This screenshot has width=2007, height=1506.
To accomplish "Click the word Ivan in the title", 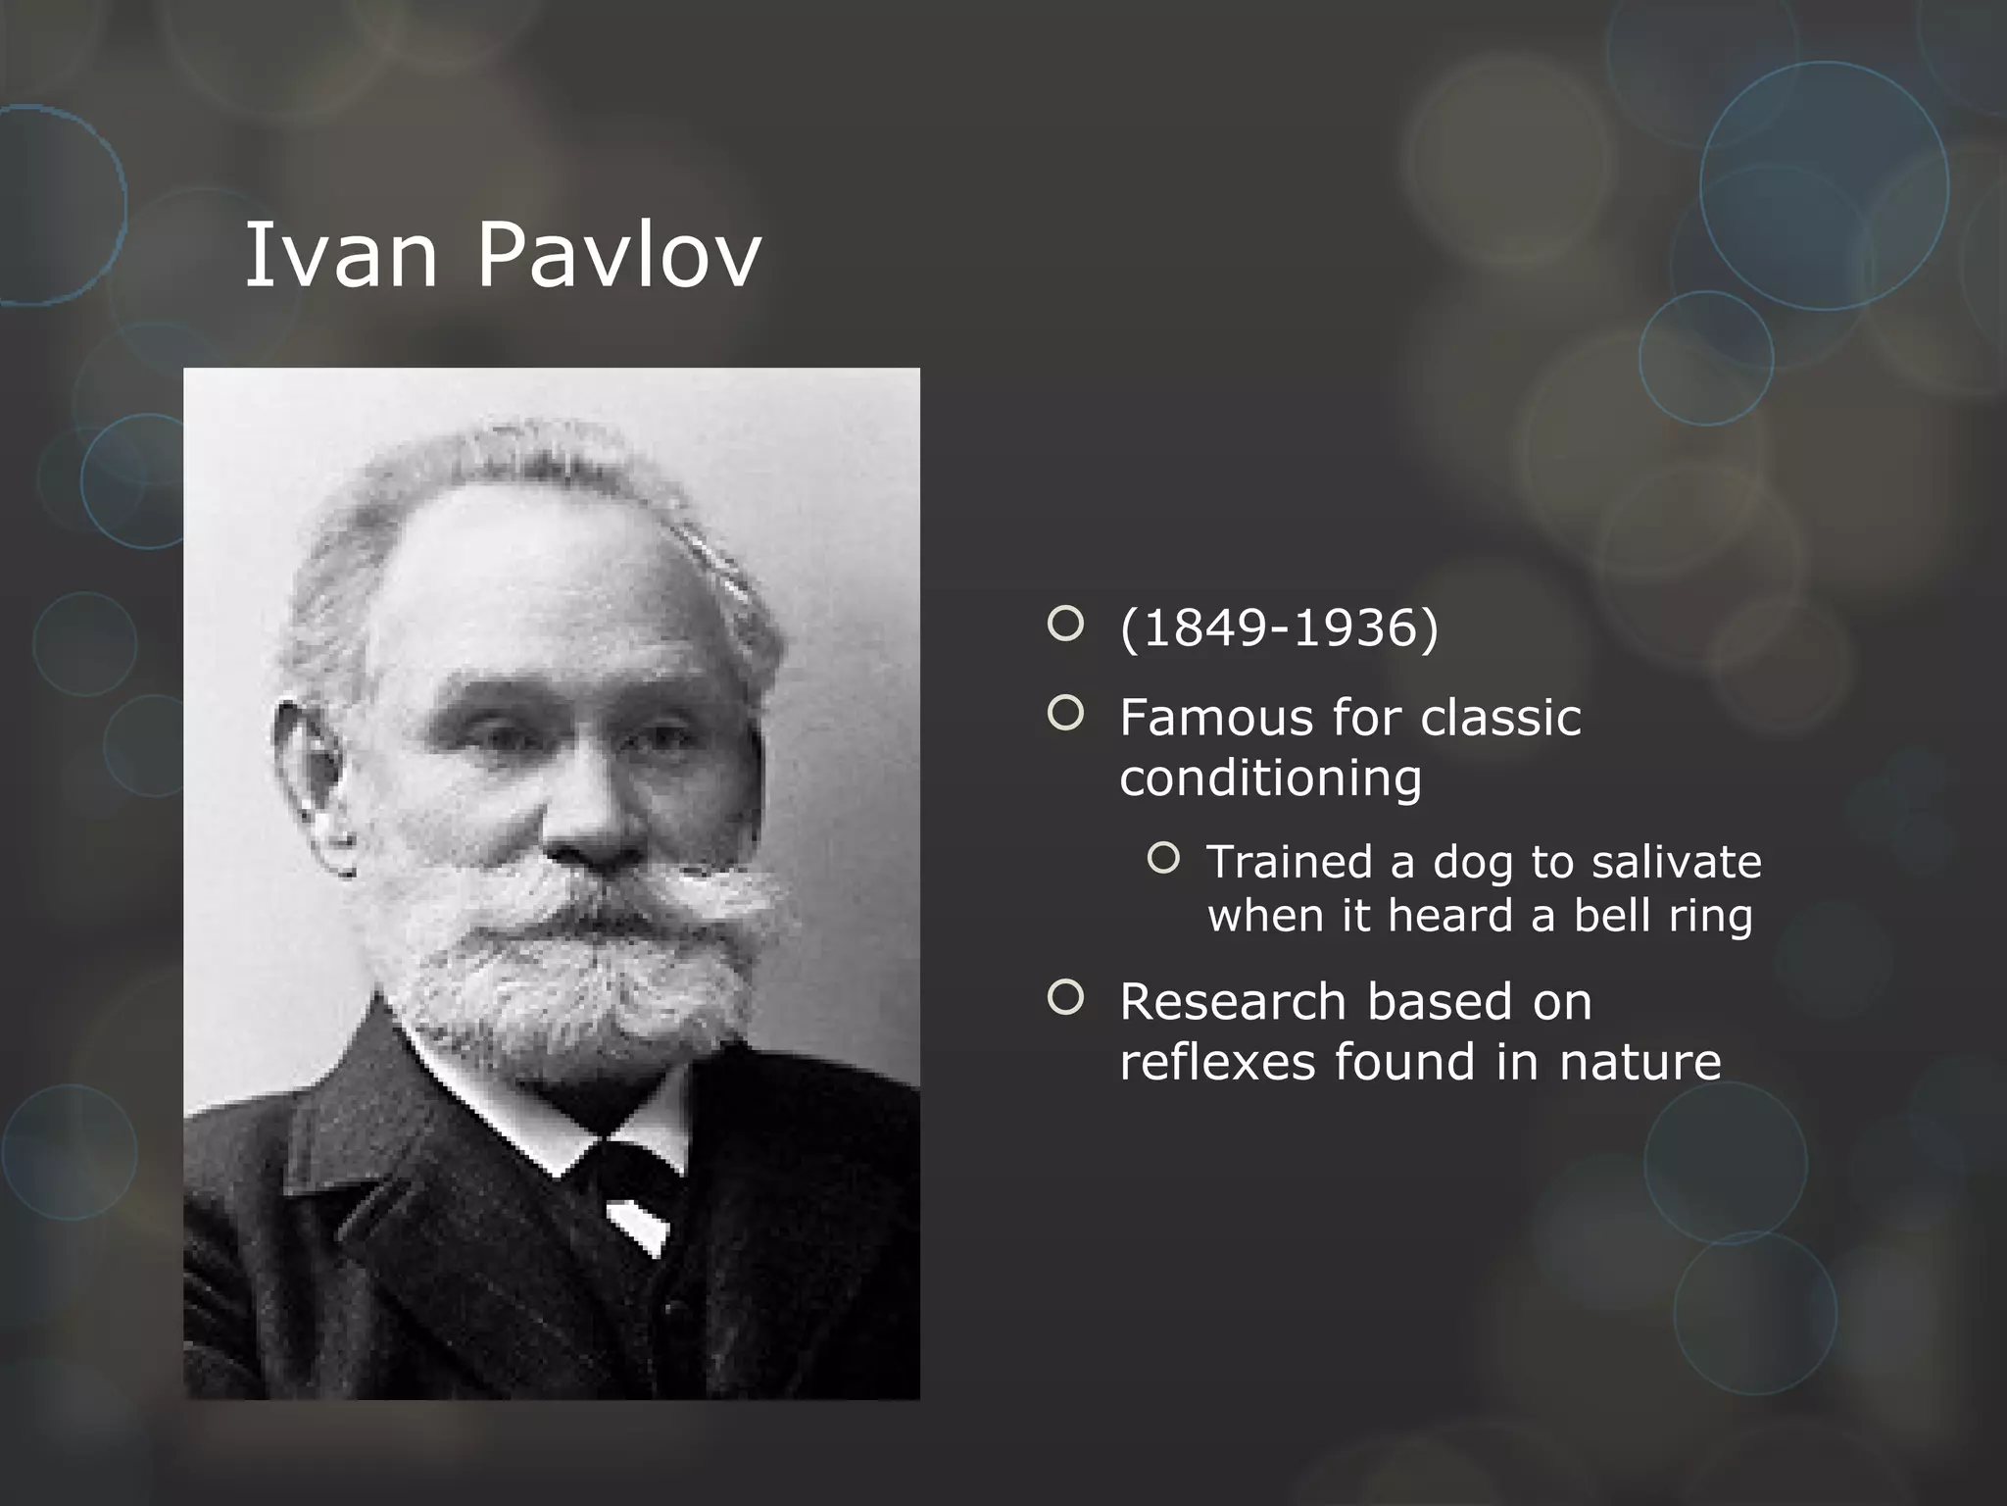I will (339, 255).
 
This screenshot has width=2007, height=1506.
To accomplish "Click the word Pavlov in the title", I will (618, 255).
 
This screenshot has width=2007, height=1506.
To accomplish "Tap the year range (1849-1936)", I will (1279, 627).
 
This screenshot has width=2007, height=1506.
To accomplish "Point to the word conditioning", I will (1270, 778).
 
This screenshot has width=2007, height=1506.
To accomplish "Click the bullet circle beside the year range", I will (1065, 624).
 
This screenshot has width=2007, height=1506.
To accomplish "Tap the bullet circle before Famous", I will (1065, 714).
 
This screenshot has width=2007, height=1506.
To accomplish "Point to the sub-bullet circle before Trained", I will (1163, 859).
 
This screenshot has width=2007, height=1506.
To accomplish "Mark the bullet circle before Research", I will (1065, 998).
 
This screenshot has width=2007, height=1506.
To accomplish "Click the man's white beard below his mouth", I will (568, 990).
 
